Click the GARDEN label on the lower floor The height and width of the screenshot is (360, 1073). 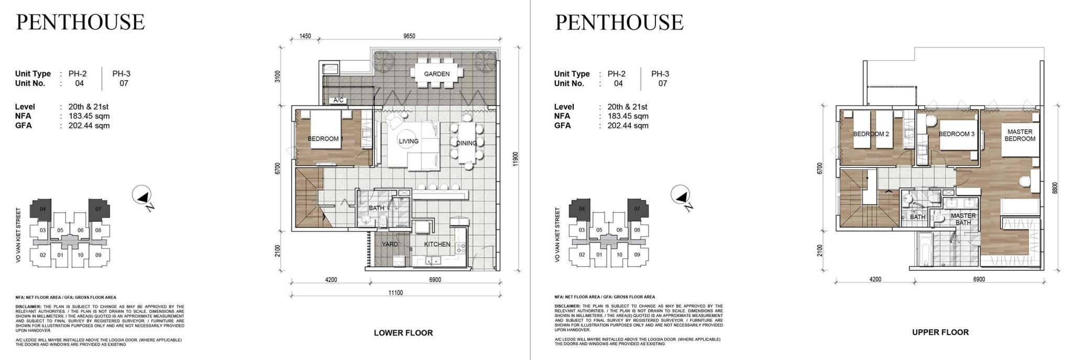(x=436, y=74)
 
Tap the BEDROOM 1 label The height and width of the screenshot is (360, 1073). (x=325, y=139)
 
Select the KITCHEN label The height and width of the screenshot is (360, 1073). (x=437, y=244)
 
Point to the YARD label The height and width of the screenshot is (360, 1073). (x=389, y=244)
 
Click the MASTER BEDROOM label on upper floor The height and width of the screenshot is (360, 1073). (x=1020, y=135)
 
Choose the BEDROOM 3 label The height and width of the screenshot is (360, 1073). (x=956, y=134)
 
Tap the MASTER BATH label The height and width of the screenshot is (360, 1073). (x=963, y=219)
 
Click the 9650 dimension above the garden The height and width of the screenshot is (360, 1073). (x=409, y=36)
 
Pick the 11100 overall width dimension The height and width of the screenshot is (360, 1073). (x=396, y=293)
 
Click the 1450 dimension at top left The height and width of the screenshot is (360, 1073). (x=305, y=36)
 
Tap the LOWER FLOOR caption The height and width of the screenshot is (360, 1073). (x=403, y=333)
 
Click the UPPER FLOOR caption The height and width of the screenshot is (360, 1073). (x=940, y=332)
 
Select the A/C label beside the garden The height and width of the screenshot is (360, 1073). (x=338, y=100)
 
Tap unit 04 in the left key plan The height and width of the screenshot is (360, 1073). (x=42, y=209)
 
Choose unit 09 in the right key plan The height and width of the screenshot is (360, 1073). (x=637, y=255)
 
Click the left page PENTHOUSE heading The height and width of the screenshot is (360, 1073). (x=80, y=23)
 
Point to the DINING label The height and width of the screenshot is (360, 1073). (x=466, y=143)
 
